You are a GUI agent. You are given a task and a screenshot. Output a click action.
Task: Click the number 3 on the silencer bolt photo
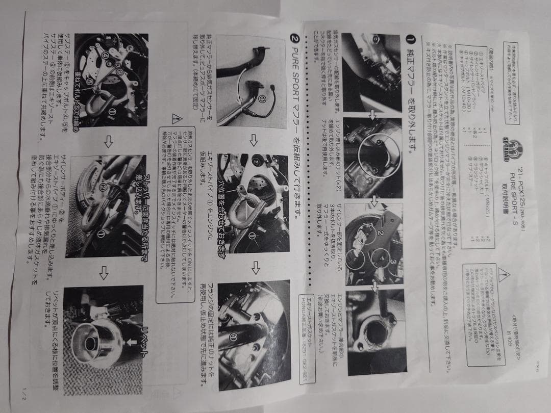click(x=388, y=261)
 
